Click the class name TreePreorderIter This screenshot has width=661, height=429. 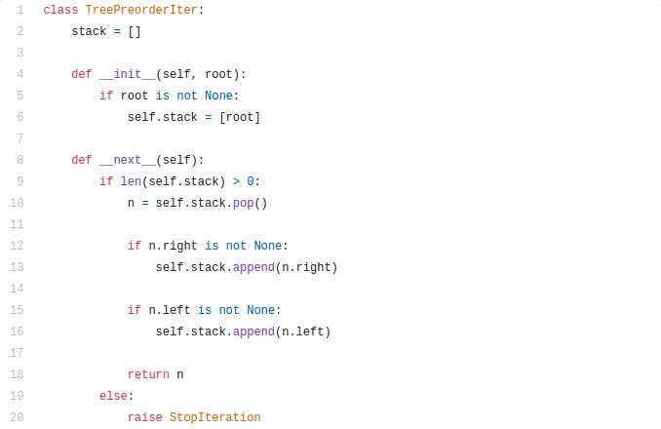(x=141, y=10)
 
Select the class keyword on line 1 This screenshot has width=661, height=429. (x=60, y=10)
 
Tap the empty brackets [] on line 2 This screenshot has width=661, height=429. (x=135, y=31)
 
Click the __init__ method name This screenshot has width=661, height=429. (x=128, y=74)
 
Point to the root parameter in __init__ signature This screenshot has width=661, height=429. (x=218, y=74)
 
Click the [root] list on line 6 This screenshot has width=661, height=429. (x=240, y=117)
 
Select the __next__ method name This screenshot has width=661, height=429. (x=128, y=160)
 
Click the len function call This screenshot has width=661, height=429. (x=131, y=181)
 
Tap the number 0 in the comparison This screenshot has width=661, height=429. (x=251, y=181)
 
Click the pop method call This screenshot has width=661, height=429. (x=243, y=204)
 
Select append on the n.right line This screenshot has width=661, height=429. (x=253, y=267)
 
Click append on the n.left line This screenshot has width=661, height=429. (x=253, y=332)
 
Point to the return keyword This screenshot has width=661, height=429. (x=148, y=374)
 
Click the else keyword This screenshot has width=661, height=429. (x=113, y=396)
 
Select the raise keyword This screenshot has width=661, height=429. (x=144, y=417)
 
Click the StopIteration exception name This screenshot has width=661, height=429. (x=215, y=417)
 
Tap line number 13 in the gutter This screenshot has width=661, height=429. (x=17, y=267)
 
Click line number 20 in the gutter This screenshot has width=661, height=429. (x=17, y=417)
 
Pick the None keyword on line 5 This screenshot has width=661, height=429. (x=218, y=96)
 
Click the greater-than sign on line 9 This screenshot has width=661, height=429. (x=236, y=181)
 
